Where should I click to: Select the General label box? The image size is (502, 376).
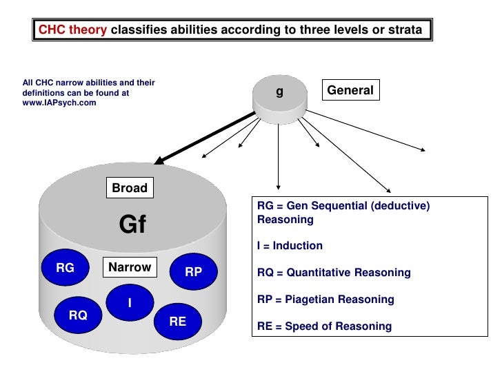pyautogui.click(x=350, y=90)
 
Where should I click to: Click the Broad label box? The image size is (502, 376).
pyautogui.click(x=130, y=188)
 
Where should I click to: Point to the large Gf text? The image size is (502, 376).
pyautogui.click(x=133, y=224)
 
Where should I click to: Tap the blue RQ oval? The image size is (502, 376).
pyautogui.click(x=78, y=315)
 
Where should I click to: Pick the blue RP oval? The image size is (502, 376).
pyautogui.click(x=193, y=272)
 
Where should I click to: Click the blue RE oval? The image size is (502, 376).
pyautogui.click(x=177, y=321)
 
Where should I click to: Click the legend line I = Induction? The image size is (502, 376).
pyautogui.click(x=290, y=246)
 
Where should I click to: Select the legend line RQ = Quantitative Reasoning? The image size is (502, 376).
pyautogui.click(x=334, y=273)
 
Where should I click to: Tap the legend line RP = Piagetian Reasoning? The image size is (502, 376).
pyautogui.click(x=325, y=300)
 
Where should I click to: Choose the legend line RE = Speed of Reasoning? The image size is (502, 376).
pyautogui.click(x=324, y=326)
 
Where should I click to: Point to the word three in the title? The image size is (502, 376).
pyautogui.click(x=314, y=30)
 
